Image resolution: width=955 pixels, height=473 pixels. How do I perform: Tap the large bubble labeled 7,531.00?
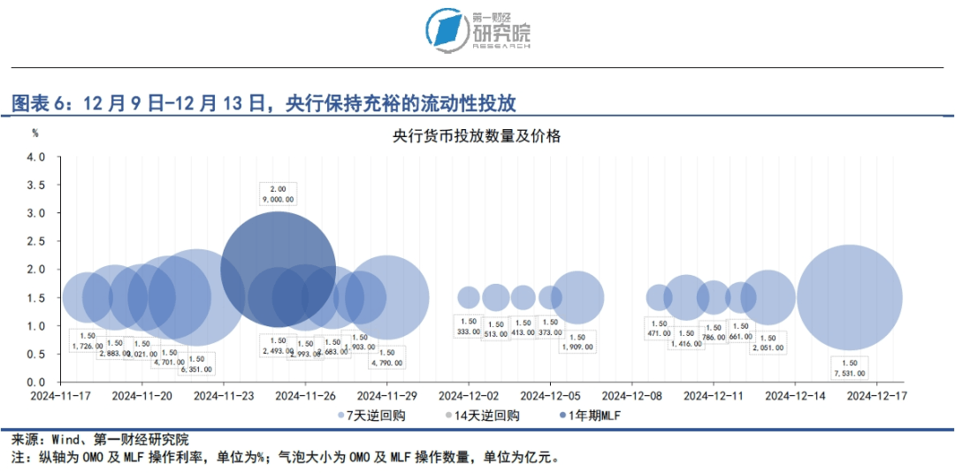[x=850, y=297]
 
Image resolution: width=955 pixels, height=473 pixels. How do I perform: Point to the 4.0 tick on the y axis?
[x=35, y=157]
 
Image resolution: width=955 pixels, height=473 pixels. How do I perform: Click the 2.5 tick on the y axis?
[x=35, y=241]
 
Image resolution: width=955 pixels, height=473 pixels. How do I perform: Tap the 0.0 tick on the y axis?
[x=35, y=381]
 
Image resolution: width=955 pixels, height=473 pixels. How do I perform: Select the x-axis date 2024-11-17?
[x=61, y=396]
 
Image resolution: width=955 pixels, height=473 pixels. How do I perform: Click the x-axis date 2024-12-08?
[x=631, y=396]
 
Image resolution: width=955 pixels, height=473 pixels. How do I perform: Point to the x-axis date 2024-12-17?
[x=876, y=396]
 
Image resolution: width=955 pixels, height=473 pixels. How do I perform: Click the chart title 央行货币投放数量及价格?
[x=477, y=136]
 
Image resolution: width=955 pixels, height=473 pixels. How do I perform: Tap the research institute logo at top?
[x=477, y=31]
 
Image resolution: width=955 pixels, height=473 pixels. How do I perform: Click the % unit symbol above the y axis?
[x=35, y=133]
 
